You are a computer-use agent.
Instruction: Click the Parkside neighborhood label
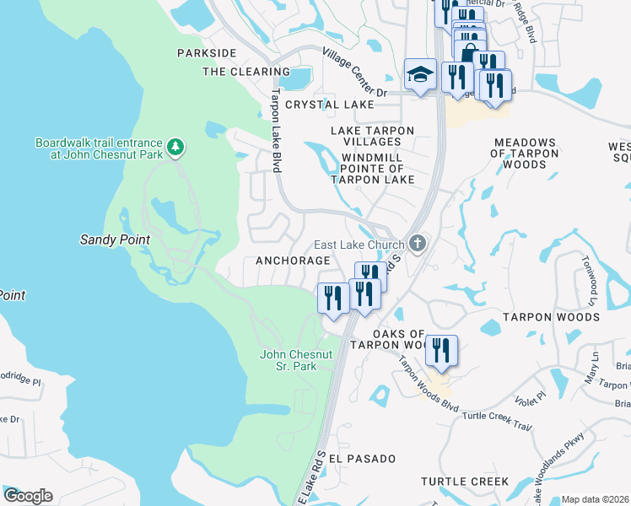pos(207,52)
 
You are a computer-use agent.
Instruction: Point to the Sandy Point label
pos(115,240)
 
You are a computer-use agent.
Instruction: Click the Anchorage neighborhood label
pos(292,261)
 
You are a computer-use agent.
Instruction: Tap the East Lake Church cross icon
pos(417,245)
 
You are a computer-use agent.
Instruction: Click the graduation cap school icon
pos(420,76)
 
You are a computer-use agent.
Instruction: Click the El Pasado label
pos(362,458)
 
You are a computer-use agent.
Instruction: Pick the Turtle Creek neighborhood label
pos(465,482)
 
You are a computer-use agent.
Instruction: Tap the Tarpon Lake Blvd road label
pos(275,131)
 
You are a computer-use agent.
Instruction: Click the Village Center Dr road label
pos(353,72)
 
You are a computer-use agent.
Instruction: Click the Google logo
pos(27,495)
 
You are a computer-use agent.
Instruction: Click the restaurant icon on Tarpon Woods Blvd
pos(441,349)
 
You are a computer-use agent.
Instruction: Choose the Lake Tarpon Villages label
pos(372,136)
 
